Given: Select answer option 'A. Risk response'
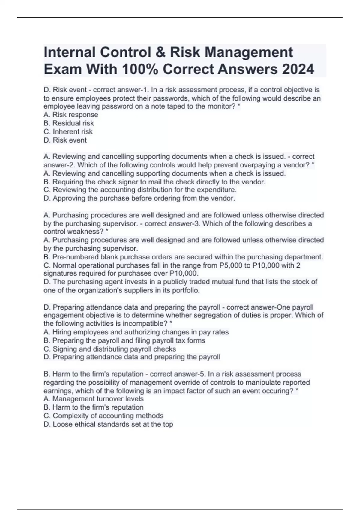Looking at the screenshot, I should coord(71,115).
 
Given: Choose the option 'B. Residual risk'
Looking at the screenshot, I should coord(69,123).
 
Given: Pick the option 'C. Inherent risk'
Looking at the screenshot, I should coord(68,131).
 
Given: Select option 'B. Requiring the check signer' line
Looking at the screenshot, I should coord(154,182).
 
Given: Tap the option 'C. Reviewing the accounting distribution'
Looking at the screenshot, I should coord(140,190).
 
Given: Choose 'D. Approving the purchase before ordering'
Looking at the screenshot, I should coord(139,198).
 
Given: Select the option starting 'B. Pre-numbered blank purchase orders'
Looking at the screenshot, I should coord(183,257).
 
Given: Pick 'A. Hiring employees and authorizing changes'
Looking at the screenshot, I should coord(136,332).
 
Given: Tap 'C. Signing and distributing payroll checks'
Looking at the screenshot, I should coord(110,349).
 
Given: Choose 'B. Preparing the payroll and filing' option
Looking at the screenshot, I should coord(124,340).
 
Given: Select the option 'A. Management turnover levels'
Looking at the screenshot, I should coord(94,399).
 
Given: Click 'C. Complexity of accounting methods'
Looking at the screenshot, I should coord(103,415).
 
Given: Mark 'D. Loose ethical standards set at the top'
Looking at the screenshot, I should coord(108,424).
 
